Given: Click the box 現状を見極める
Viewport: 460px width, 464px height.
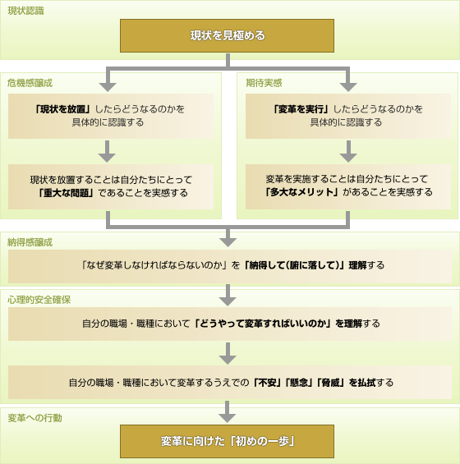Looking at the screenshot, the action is tap(227, 36).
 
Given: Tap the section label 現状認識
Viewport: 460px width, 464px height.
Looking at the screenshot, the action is tap(25, 11).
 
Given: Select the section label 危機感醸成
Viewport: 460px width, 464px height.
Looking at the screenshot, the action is tap(30, 83).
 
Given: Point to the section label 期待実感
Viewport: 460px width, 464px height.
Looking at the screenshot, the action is tap(264, 83).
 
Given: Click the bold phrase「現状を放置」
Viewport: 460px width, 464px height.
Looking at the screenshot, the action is tap(62, 109).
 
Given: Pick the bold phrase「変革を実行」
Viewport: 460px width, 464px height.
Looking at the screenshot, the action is tap(301, 109).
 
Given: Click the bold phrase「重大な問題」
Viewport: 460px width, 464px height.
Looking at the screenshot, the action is tap(66, 193).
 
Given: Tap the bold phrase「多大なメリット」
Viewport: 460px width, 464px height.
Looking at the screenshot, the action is tap(301, 192).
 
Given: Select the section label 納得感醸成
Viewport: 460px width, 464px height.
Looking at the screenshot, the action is tap(30, 242).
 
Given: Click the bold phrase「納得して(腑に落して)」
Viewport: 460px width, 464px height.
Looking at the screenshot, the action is tap(294, 265).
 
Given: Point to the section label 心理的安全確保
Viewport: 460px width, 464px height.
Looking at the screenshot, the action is tap(39, 300).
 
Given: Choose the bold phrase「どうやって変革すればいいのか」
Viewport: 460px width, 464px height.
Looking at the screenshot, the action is tap(263, 324).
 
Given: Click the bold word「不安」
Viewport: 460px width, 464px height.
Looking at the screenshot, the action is tap(267, 383).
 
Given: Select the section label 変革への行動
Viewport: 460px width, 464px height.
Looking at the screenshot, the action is tap(34, 418).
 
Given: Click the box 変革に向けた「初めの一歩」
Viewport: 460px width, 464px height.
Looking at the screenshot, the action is tap(227, 442).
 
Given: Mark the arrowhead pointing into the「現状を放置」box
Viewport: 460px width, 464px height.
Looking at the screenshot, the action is tap(108, 87).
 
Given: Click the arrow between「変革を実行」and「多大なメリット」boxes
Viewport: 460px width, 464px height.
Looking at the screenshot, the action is tap(348, 151).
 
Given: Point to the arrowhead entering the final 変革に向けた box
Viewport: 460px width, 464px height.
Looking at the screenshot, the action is tap(227, 418).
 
